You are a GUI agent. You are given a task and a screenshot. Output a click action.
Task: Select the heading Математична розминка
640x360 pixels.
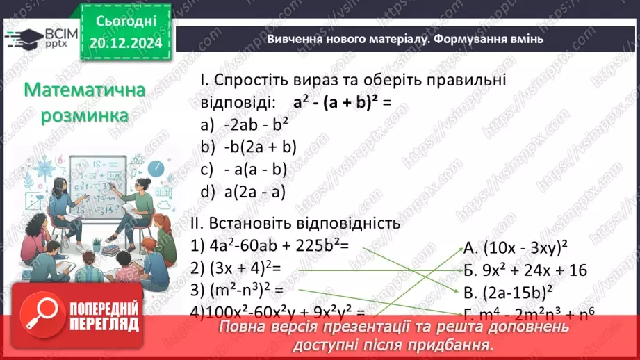click(x=84, y=102)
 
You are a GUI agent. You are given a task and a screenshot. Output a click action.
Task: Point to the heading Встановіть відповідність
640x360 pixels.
click(x=295, y=224)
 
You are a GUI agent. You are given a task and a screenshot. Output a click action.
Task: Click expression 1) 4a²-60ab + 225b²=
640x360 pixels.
click(x=268, y=245)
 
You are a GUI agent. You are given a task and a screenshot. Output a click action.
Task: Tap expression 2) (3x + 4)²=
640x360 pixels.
click(x=243, y=268)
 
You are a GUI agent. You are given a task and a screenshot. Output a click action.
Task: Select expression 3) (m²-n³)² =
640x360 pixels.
click(x=237, y=290)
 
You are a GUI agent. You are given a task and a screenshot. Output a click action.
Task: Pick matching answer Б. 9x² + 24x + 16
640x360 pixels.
click(x=525, y=269)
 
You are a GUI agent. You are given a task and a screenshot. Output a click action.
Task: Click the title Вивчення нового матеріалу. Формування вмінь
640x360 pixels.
click(x=405, y=39)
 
